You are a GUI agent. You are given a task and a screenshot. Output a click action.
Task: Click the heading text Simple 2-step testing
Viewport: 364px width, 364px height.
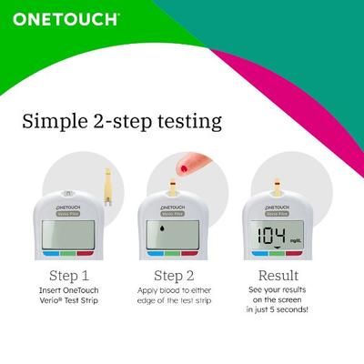[x=123, y=121]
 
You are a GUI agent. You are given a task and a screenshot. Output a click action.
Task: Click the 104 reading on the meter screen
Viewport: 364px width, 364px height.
[x=273, y=235]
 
